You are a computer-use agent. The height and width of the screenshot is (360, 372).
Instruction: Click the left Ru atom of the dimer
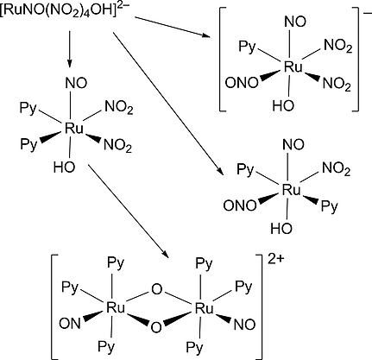click(112, 306)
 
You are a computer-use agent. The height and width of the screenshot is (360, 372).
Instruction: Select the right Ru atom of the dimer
click(205, 306)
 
